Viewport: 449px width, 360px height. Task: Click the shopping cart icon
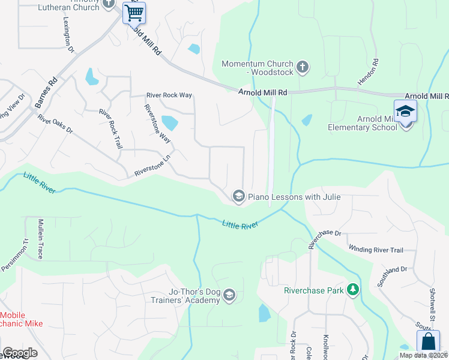pyautogui.click(x=134, y=12)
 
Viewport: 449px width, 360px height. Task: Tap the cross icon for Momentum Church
pyautogui.click(x=303, y=67)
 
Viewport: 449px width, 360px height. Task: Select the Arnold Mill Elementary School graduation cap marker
pyautogui.click(x=405, y=112)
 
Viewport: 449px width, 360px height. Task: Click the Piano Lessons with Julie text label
pyautogui.click(x=294, y=197)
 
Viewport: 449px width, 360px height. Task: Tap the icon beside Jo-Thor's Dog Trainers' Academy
pyautogui.click(x=230, y=296)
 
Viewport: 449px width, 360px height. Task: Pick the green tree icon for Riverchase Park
pyautogui.click(x=354, y=290)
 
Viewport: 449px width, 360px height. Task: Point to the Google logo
pyautogui.click(x=20, y=353)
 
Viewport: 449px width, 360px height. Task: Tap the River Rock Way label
pyautogui.click(x=169, y=95)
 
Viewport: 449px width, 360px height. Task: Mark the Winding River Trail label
pyautogui.click(x=375, y=250)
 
